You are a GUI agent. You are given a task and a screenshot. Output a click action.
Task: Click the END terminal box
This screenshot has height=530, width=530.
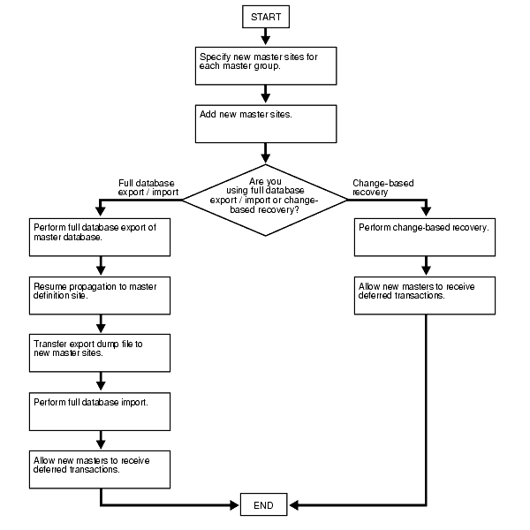pyautogui.click(x=264, y=506)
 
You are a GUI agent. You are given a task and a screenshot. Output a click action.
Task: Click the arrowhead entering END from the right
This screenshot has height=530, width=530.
pyautogui.click(x=294, y=506)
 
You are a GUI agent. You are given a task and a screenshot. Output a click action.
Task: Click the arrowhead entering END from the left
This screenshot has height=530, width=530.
pyautogui.click(x=234, y=506)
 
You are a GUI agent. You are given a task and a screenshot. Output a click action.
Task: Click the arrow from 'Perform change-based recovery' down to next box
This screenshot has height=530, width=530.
pyautogui.click(x=427, y=265)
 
